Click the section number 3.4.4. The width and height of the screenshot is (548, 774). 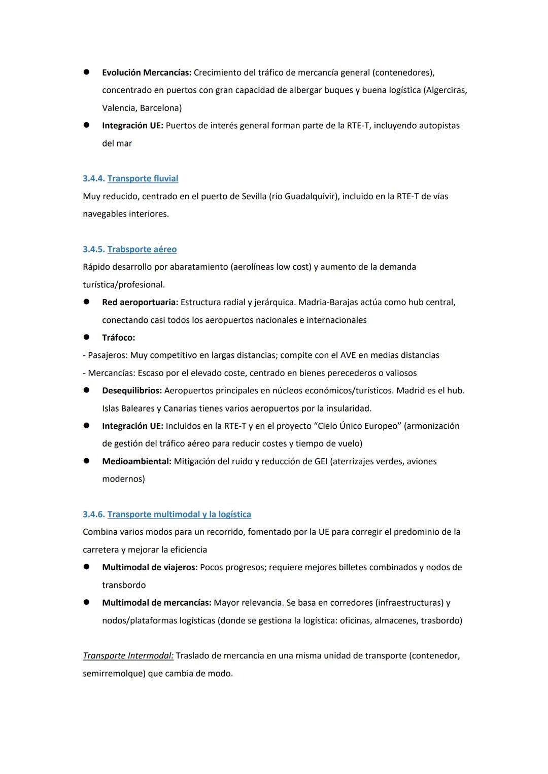click(94, 178)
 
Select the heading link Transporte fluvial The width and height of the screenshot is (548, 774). click(143, 178)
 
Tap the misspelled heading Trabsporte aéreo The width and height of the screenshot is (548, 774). click(142, 249)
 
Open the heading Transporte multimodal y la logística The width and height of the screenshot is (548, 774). click(179, 514)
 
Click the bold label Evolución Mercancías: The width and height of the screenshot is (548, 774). click(147, 72)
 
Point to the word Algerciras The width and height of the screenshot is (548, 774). click(445, 90)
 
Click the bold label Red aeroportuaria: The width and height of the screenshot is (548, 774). click(140, 302)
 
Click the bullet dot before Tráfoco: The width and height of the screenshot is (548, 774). click(87, 337)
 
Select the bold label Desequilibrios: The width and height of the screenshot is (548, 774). click(132, 391)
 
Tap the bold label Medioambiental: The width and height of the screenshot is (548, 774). click(136, 461)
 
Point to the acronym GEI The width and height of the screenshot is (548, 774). click(317, 461)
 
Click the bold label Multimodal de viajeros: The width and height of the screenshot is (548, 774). click(150, 567)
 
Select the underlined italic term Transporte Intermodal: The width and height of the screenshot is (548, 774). click(128, 656)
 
